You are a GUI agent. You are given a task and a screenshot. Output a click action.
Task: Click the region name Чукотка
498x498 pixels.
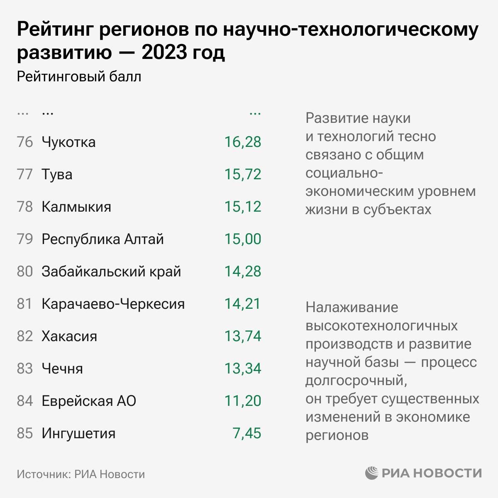tap(68, 142)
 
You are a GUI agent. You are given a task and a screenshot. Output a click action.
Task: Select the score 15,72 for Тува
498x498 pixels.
tap(243, 174)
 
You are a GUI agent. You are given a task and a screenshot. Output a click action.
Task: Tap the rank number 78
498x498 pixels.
tap(25, 207)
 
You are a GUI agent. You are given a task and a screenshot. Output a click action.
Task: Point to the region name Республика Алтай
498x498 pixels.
tap(103, 239)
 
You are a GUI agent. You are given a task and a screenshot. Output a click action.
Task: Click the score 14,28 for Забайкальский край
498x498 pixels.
tap(243, 271)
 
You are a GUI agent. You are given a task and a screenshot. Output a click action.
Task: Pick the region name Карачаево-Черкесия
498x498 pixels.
tap(113, 304)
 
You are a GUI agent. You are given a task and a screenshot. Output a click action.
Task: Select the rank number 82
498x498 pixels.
tap(25, 336)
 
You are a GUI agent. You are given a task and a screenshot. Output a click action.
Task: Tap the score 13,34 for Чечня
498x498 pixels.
tap(243, 369)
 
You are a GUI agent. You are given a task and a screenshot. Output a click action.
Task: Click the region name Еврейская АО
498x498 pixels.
tap(89, 401)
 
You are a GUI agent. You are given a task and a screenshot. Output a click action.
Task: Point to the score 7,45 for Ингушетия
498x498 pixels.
tap(247, 433)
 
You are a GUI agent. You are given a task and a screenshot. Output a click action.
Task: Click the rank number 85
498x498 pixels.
tap(25, 433)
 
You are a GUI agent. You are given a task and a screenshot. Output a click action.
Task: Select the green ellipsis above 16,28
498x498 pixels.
tap(254, 113)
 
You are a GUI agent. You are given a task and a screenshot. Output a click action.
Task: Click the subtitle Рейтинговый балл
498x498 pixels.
tap(79, 77)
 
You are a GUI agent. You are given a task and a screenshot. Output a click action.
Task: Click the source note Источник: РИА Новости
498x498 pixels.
tap(81, 474)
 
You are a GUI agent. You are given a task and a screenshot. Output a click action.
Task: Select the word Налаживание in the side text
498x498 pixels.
tap(352, 308)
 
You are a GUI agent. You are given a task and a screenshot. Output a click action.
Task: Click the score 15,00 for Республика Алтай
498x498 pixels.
tap(243, 239)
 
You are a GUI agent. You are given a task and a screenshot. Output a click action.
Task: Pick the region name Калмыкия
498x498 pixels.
tap(76, 207)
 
